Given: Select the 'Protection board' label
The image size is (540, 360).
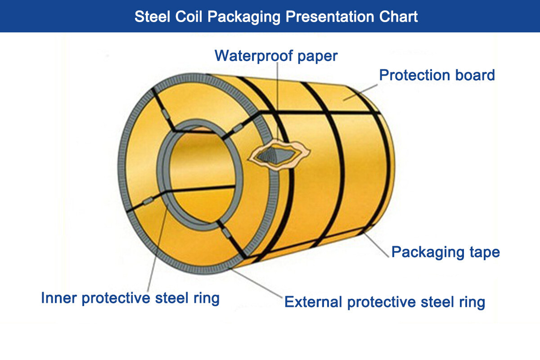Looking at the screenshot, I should (x=436, y=75).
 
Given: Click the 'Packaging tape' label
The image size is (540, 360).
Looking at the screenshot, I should (x=445, y=252).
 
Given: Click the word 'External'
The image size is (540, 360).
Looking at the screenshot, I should (x=313, y=301).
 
